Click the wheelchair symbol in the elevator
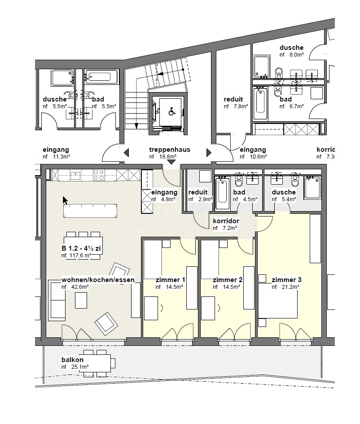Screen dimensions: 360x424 point(171,111)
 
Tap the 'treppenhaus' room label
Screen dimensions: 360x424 point(170,150)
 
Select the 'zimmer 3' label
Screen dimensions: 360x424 point(286,280)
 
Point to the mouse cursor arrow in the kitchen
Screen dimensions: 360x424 point(65,200)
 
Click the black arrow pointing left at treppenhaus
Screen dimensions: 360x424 point(126,153)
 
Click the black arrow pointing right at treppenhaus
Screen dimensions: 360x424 point(209,153)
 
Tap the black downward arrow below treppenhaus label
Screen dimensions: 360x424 point(171,162)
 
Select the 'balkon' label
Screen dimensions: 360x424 point(72,360)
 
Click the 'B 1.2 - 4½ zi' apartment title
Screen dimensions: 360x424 point(81,248)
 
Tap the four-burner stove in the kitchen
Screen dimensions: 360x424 point(99,175)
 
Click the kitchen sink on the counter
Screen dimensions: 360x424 point(75,176)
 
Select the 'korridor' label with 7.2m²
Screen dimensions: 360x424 point(226,221)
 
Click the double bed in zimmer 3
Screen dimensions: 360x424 point(278,300)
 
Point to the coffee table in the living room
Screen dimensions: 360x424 point(81,300)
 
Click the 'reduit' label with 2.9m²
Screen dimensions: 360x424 point(198,192)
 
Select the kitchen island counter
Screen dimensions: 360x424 point(90,211)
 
